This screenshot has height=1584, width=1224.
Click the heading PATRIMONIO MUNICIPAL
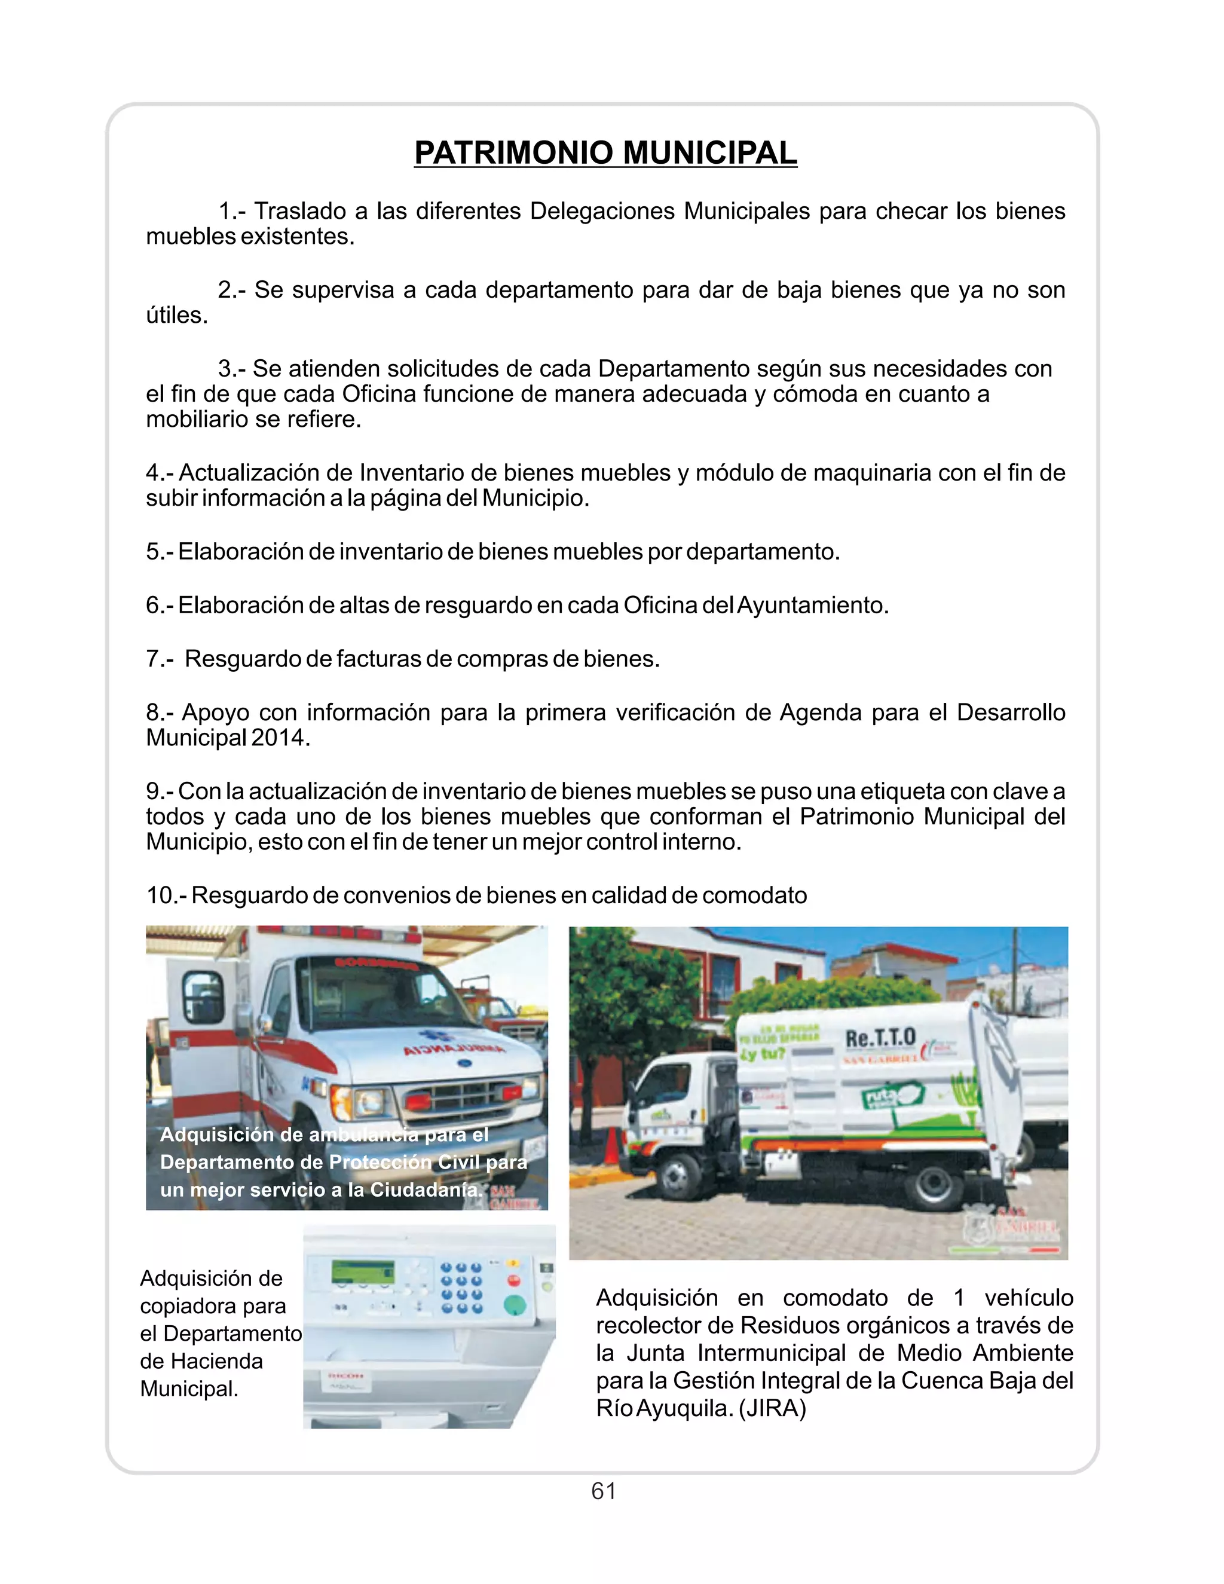point(605,153)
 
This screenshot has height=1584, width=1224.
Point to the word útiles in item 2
point(176,316)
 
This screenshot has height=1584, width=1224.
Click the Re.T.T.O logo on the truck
point(880,1038)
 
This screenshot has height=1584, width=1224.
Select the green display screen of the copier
point(363,1271)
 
